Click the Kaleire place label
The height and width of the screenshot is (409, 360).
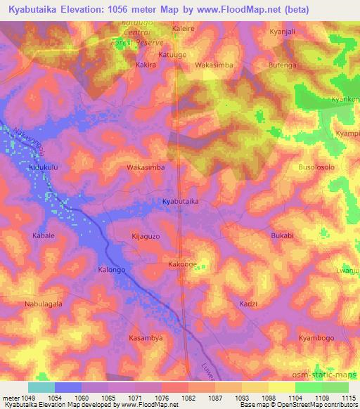pyautogui.click(x=184, y=29)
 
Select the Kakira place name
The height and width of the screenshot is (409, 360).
pyautogui.click(x=146, y=64)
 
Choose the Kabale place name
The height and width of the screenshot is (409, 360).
pyautogui.click(x=43, y=235)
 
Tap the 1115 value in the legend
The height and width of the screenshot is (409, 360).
pyautogui.click(x=347, y=398)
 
